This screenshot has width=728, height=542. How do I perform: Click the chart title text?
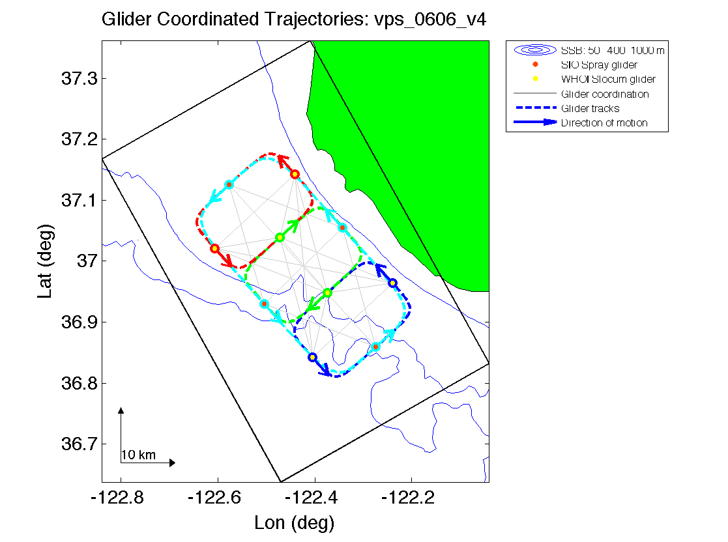294,20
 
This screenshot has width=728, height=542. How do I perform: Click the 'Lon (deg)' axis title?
295,522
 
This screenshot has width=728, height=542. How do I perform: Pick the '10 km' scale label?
138,455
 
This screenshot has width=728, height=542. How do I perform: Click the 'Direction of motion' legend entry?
604,123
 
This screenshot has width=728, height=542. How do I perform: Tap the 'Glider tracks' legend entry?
590,109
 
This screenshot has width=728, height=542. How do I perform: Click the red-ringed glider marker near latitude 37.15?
295,174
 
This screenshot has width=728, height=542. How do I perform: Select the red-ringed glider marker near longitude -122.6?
214,248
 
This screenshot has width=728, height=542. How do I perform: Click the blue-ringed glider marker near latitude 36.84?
312,357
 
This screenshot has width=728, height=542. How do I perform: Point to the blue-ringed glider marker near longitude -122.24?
392,283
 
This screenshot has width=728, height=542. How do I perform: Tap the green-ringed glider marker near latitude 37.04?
280,237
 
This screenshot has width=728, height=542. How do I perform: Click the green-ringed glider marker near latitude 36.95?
327,293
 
